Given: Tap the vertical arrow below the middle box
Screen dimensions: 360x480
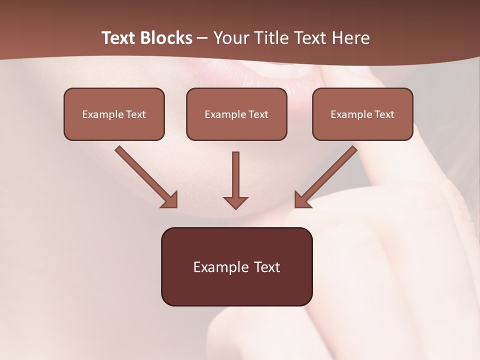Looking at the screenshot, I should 235,175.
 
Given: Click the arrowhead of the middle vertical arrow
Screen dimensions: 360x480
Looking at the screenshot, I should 235,202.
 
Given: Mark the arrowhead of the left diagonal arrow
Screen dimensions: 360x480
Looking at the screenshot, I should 170,200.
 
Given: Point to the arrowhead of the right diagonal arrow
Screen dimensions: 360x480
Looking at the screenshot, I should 302,200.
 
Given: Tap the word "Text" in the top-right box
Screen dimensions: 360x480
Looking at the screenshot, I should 384,114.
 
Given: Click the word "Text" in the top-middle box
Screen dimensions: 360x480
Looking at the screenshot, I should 258,114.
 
